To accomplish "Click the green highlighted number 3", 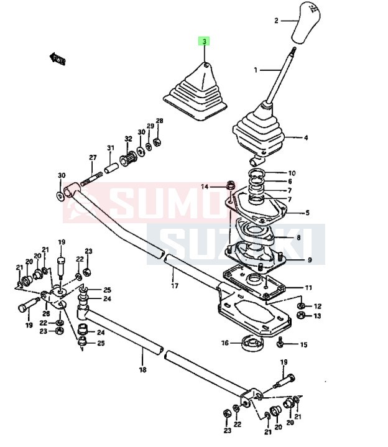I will [204, 42].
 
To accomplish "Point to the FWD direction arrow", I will [58, 59].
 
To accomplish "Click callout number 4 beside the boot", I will [305, 137].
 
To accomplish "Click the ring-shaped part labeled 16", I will [252, 343].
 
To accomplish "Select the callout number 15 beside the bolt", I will [303, 344].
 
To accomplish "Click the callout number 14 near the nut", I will [205, 187].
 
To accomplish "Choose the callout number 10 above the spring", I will [292, 173].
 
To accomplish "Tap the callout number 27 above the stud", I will [93, 157].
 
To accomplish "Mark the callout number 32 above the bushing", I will [128, 139].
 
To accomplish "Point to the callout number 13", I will [317, 316].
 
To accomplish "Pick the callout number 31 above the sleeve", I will [111, 147].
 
